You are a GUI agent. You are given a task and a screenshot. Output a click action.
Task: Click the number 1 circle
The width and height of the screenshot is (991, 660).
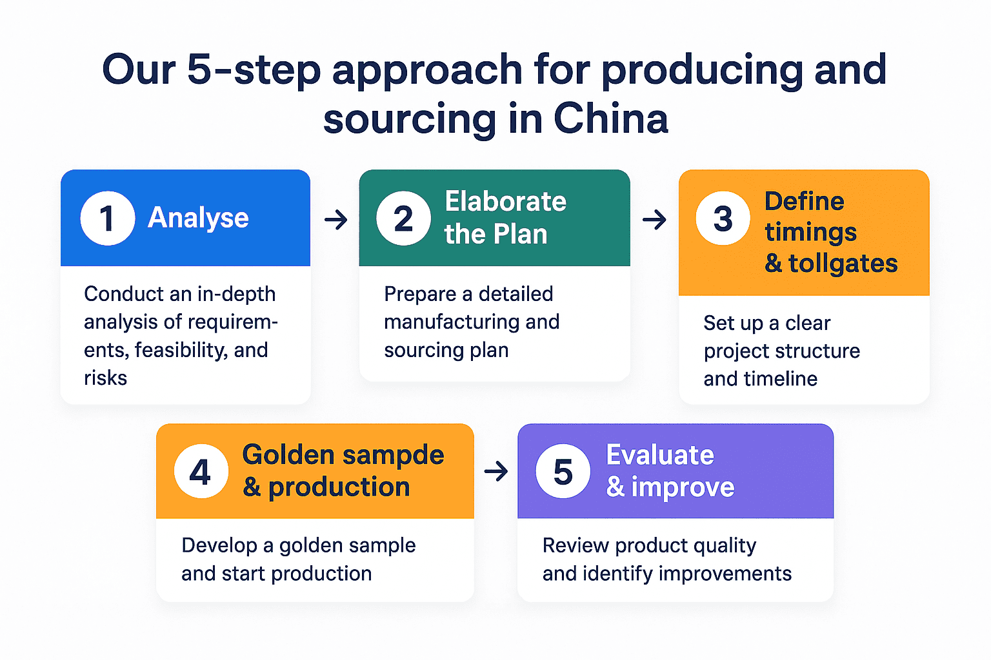107,218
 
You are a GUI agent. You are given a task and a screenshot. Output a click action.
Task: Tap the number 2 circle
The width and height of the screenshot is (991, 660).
403,218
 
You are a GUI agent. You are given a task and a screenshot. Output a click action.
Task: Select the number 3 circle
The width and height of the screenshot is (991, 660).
723,218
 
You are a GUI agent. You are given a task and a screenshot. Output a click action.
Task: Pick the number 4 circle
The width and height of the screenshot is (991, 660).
201,471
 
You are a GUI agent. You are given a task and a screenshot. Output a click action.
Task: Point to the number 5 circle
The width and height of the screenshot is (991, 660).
563,471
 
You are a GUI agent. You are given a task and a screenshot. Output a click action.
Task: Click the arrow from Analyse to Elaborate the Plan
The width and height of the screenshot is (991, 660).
335,220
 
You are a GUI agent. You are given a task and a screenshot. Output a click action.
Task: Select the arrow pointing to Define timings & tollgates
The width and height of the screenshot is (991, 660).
654,220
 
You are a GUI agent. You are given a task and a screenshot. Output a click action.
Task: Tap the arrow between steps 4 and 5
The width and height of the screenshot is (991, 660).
495,472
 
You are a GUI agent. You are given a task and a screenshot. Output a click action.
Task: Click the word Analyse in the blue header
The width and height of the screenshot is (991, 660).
198,218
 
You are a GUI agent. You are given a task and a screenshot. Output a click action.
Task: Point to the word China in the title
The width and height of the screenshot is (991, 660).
610,119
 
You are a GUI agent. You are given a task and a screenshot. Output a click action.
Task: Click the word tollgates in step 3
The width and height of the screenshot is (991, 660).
843,263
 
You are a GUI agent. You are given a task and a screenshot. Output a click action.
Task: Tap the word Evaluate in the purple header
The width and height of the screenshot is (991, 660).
660,455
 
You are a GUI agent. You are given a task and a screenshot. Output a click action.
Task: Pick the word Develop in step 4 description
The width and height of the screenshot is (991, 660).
219,546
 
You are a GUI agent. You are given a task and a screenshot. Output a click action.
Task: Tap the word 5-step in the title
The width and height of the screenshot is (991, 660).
254,70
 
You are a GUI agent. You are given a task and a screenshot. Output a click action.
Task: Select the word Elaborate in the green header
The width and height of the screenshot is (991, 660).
506,202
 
